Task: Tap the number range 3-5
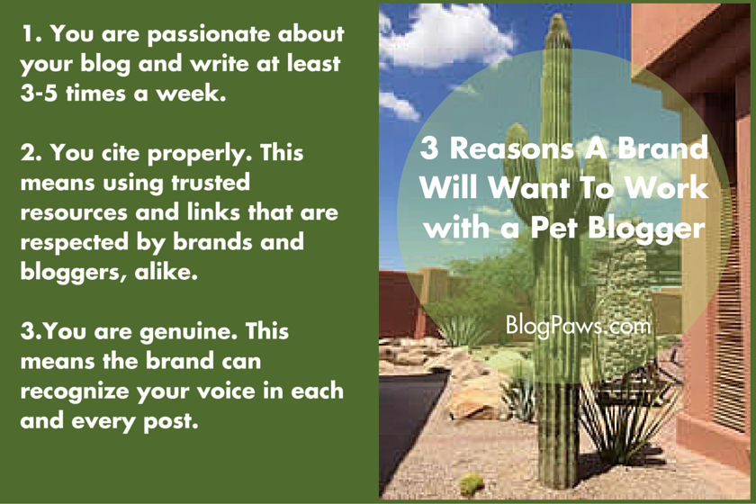pos(39,93)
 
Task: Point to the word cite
pos(121,153)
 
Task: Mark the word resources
pos(74,213)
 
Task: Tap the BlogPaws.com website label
pos(578,326)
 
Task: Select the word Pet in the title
pos(553,227)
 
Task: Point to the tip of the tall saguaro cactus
pos(558,16)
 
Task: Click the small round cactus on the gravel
pos(471,483)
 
